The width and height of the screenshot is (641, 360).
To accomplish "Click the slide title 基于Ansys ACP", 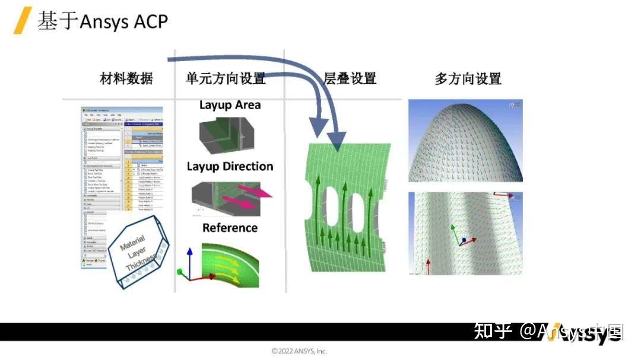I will coord(103,21).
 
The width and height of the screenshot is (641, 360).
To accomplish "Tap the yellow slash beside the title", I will coord(22,21).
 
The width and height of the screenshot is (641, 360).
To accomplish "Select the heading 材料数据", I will coord(126,78).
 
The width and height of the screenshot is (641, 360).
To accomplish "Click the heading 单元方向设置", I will coord(226,78).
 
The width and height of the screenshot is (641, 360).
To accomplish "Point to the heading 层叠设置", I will coord(350,78).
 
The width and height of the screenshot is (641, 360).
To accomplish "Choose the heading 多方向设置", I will coord(468,78).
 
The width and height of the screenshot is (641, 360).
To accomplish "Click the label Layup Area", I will coord(230,105).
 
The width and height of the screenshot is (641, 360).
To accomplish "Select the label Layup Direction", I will coord(230,167).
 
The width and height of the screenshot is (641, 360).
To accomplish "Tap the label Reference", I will coord(230,228).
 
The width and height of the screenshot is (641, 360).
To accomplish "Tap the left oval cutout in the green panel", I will coord(331,211).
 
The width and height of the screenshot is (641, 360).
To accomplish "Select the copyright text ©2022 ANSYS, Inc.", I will coord(299,351).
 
